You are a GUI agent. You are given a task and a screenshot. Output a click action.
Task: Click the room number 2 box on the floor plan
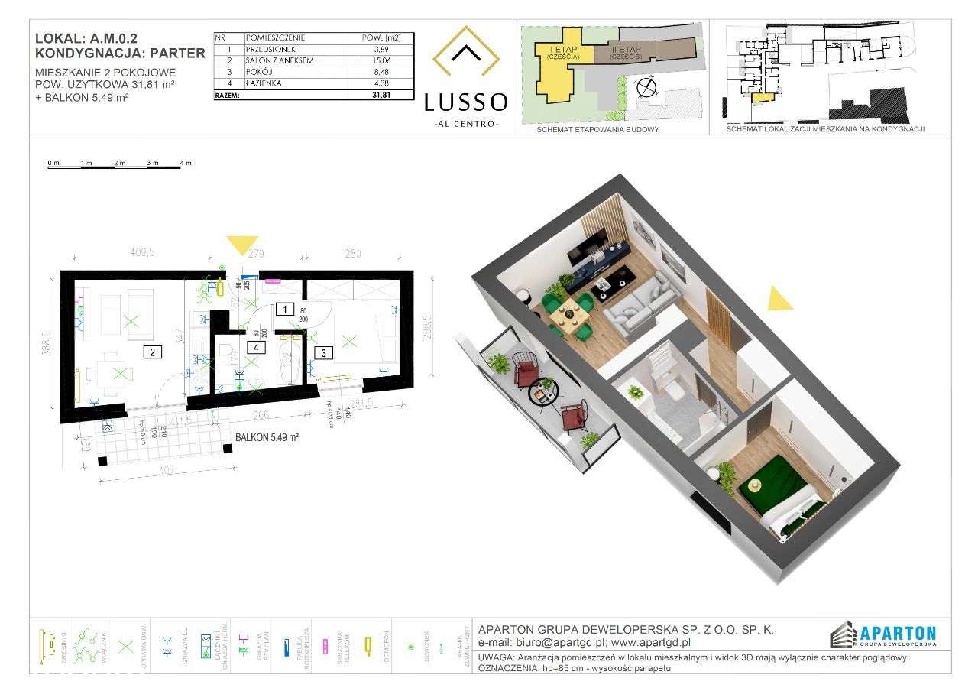coord(153,352)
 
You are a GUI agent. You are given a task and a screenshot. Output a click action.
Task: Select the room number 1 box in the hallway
coord(283,310)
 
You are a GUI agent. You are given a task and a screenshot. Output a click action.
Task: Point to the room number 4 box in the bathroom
coord(257,346)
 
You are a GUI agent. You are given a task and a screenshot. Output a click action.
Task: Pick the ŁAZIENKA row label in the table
coord(264,84)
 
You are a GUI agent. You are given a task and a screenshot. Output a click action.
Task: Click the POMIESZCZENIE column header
coord(276,37)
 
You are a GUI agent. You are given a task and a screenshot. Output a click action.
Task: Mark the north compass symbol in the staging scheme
coord(648,87)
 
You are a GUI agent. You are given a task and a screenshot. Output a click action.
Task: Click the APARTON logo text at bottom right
coord(898,633)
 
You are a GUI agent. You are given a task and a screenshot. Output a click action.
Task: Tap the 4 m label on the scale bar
coord(185,163)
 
